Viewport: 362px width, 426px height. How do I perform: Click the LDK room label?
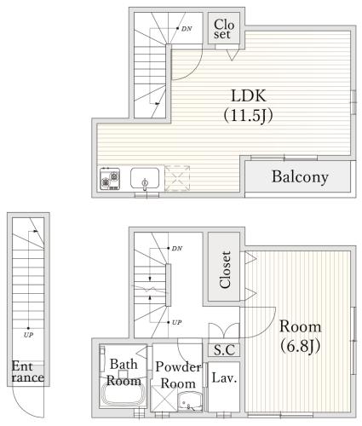pyautogui.click(x=249, y=95)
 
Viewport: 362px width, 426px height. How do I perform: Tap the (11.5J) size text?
pyautogui.click(x=249, y=115)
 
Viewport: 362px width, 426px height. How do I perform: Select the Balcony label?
pyautogui.click(x=300, y=177)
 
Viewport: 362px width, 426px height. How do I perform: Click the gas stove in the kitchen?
pyautogui.click(x=110, y=179)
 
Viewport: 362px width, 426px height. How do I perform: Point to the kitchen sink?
pyautogui.click(x=145, y=178)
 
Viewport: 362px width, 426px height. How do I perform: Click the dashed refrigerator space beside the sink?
pyautogui.click(x=177, y=178)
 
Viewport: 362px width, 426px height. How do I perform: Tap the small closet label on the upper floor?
pyautogui.click(x=224, y=29)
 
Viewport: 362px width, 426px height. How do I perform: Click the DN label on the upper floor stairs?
pyautogui.click(x=187, y=29)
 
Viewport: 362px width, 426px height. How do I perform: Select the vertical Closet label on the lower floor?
pyautogui.click(x=225, y=270)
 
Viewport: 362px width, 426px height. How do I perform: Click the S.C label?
pyautogui.click(x=224, y=350)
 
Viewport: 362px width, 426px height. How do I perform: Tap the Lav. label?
pyautogui.click(x=224, y=378)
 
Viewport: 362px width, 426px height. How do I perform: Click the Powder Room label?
pyautogui.click(x=178, y=375)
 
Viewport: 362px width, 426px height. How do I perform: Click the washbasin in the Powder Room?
pyautogui.click(x=190, y=401)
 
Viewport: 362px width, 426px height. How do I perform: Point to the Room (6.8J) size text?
pyautogui.click(x=301, y=347)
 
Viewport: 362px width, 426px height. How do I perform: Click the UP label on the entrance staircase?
pyautogui.click(x=28, y=335)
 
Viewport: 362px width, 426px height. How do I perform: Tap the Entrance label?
pyautogui.click(x=28, y=371)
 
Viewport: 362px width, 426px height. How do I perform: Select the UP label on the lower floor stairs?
pyautogui.click(x=176, y=322)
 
